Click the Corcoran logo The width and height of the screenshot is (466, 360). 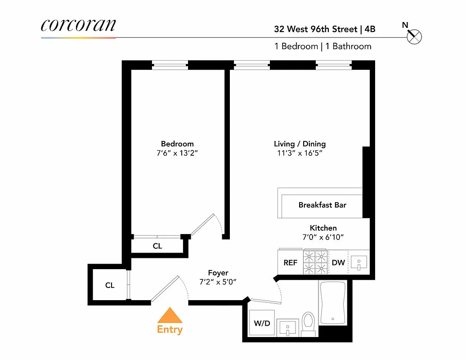click(78, 25)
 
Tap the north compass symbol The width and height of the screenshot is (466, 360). click(414, 37)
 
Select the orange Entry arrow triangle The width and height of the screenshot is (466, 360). click(170, 315)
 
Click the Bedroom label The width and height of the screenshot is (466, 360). click(177, 144)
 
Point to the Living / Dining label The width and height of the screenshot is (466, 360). click(300, 144)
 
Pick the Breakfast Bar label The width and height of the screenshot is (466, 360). click(322, 205)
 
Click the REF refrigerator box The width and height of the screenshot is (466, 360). click(290, 263)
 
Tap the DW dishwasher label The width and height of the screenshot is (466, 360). click(338, 263)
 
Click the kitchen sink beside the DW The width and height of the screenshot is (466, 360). click(358, 262)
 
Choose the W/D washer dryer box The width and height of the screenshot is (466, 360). click(262, 322)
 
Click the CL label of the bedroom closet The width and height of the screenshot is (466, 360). click(157, 246)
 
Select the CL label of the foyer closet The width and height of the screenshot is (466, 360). click(110, 285)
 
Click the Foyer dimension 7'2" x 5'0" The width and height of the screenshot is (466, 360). click(218, 282)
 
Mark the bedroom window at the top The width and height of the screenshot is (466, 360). click(170, 65)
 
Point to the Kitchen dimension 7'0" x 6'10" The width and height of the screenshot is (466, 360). click(323, 237)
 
